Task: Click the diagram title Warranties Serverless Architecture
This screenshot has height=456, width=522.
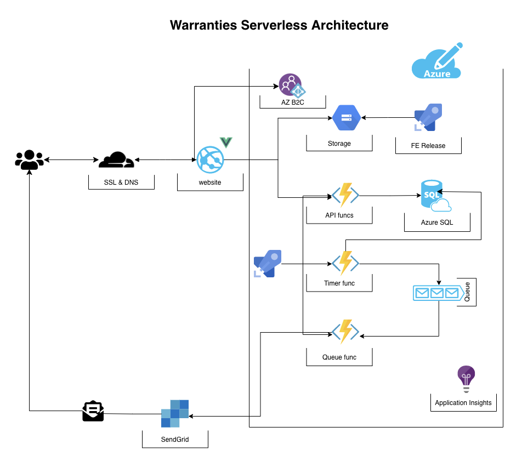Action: point(279,25)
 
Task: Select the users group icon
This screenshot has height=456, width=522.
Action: point(29,160)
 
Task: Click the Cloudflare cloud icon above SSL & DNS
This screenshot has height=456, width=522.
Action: point(116,159)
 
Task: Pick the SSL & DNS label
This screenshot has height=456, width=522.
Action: point(121,183)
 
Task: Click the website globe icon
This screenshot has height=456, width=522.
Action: point(211,159)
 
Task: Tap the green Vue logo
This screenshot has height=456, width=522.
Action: point(226,142)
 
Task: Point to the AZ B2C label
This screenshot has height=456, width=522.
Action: point(292,102)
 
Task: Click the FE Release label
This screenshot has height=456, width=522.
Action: point(428,146)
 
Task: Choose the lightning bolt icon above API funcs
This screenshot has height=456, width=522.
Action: point(345,195)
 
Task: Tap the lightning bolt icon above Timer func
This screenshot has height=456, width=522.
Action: point(345,263)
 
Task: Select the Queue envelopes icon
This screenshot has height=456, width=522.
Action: point(436,293)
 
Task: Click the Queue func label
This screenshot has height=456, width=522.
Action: point(339,357)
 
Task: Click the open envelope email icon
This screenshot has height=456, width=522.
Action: point(93,411)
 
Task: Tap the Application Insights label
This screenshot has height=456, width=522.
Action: point(463,403)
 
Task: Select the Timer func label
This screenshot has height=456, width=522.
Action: point(339,283)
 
